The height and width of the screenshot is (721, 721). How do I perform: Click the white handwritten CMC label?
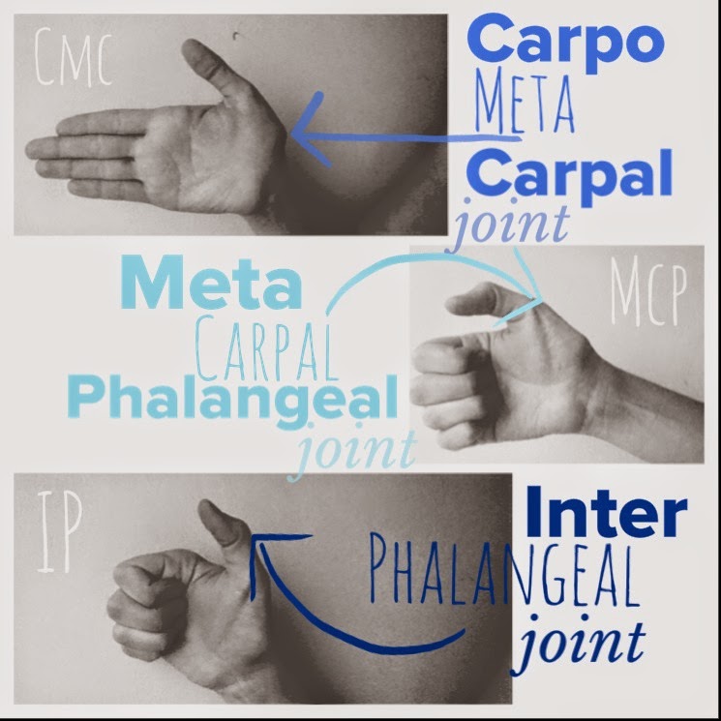coord(70,58)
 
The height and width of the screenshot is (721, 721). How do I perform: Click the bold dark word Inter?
coord(605,511)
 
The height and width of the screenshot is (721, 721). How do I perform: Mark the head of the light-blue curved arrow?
coord(536,295)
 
